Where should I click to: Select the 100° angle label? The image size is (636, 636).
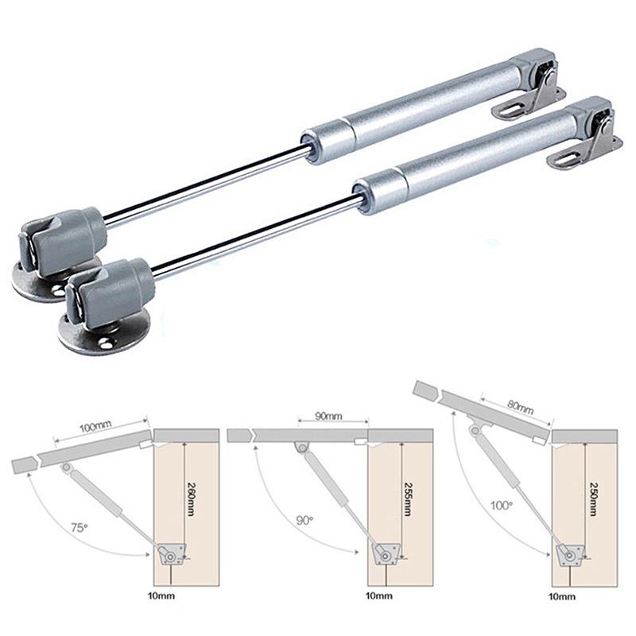coord(502,505)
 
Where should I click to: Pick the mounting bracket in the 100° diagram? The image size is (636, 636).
coord(569,554)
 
